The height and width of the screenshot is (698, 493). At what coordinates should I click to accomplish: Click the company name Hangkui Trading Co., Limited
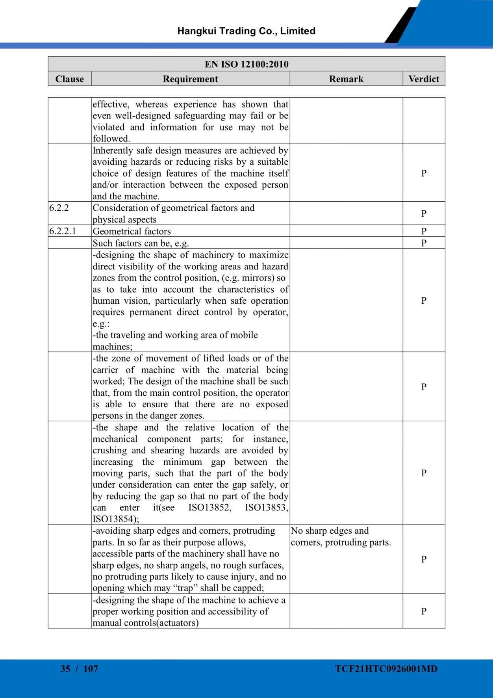pos(246,31)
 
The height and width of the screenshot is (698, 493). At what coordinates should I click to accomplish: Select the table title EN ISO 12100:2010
pos(246,64)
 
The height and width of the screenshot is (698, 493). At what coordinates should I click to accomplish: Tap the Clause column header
pos(70,79)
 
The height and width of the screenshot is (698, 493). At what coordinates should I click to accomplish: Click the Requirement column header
pos(190,79)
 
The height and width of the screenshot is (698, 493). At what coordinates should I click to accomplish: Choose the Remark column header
pos(346,79)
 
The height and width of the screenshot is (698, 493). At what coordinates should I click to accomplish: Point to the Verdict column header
pos(424,79)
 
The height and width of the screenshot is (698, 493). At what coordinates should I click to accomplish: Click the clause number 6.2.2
pos(59,208)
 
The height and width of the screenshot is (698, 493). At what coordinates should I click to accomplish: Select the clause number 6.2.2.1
pos(63,231)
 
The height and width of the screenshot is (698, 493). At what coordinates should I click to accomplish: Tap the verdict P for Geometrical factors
pos(424,231)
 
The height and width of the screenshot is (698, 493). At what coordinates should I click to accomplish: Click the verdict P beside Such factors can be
pos(424,243)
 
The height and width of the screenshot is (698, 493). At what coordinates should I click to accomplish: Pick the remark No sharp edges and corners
pos(341,536)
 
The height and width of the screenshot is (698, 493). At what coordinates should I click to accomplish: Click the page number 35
pos(65,668)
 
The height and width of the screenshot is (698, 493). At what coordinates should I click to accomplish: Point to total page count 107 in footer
pos(91,668)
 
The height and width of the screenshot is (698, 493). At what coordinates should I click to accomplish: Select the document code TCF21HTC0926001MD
pos(386,668)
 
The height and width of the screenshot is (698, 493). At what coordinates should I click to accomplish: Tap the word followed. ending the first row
pos(111,139)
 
